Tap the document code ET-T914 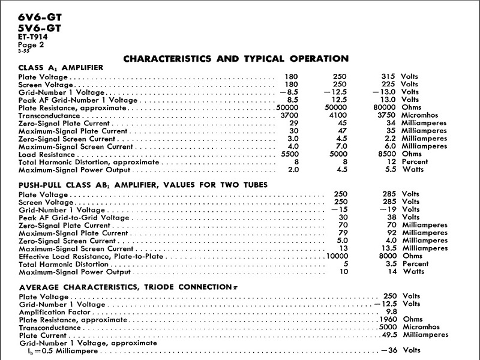coord(33,37)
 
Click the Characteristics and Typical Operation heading coord(235,59)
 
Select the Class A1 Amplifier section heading coord(61,68)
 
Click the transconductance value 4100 coord(339,116)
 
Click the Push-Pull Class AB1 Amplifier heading coord(143,185)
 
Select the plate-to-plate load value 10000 coord(337,256)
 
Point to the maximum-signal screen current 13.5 coord(392,248)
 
